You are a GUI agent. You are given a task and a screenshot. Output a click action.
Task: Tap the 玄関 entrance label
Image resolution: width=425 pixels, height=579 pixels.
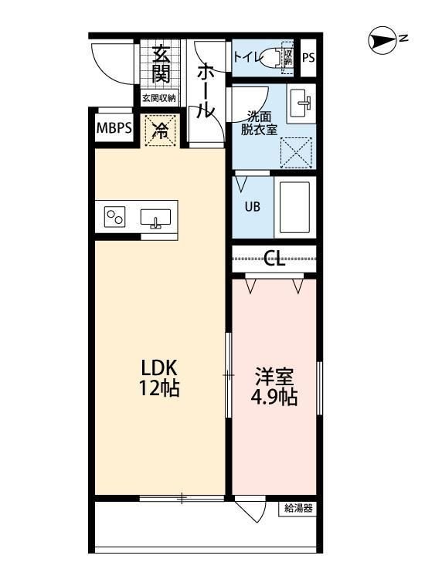tap(161, 64)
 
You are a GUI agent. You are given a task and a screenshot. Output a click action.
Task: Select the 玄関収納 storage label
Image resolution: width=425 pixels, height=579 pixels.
tap(158, 98)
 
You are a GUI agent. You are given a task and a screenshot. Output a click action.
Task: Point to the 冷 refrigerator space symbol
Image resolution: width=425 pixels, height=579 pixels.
tap(160, 130)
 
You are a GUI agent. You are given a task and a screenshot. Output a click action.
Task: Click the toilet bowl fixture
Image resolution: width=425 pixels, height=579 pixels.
tap(270, 58)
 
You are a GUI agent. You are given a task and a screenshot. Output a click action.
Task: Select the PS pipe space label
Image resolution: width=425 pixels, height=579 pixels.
tap(308, 57)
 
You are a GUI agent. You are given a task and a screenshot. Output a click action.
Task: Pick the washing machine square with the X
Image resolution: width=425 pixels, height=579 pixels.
tap(294, 151)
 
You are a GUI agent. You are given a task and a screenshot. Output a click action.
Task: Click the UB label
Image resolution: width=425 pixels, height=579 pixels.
tap(253, 207)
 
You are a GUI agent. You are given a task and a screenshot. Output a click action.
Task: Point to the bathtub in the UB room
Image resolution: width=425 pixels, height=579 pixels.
tap(294, 207)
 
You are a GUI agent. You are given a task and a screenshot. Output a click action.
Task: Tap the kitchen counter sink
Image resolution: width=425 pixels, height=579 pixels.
tap(157, 218)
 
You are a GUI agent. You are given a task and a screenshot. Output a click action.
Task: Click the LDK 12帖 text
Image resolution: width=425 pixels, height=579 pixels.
tap(159, 376)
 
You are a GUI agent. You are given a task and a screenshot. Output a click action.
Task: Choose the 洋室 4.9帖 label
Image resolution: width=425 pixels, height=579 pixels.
tap(275, 388)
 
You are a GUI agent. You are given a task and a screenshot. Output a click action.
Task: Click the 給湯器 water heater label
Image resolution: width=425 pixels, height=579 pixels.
tap(297, 508)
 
